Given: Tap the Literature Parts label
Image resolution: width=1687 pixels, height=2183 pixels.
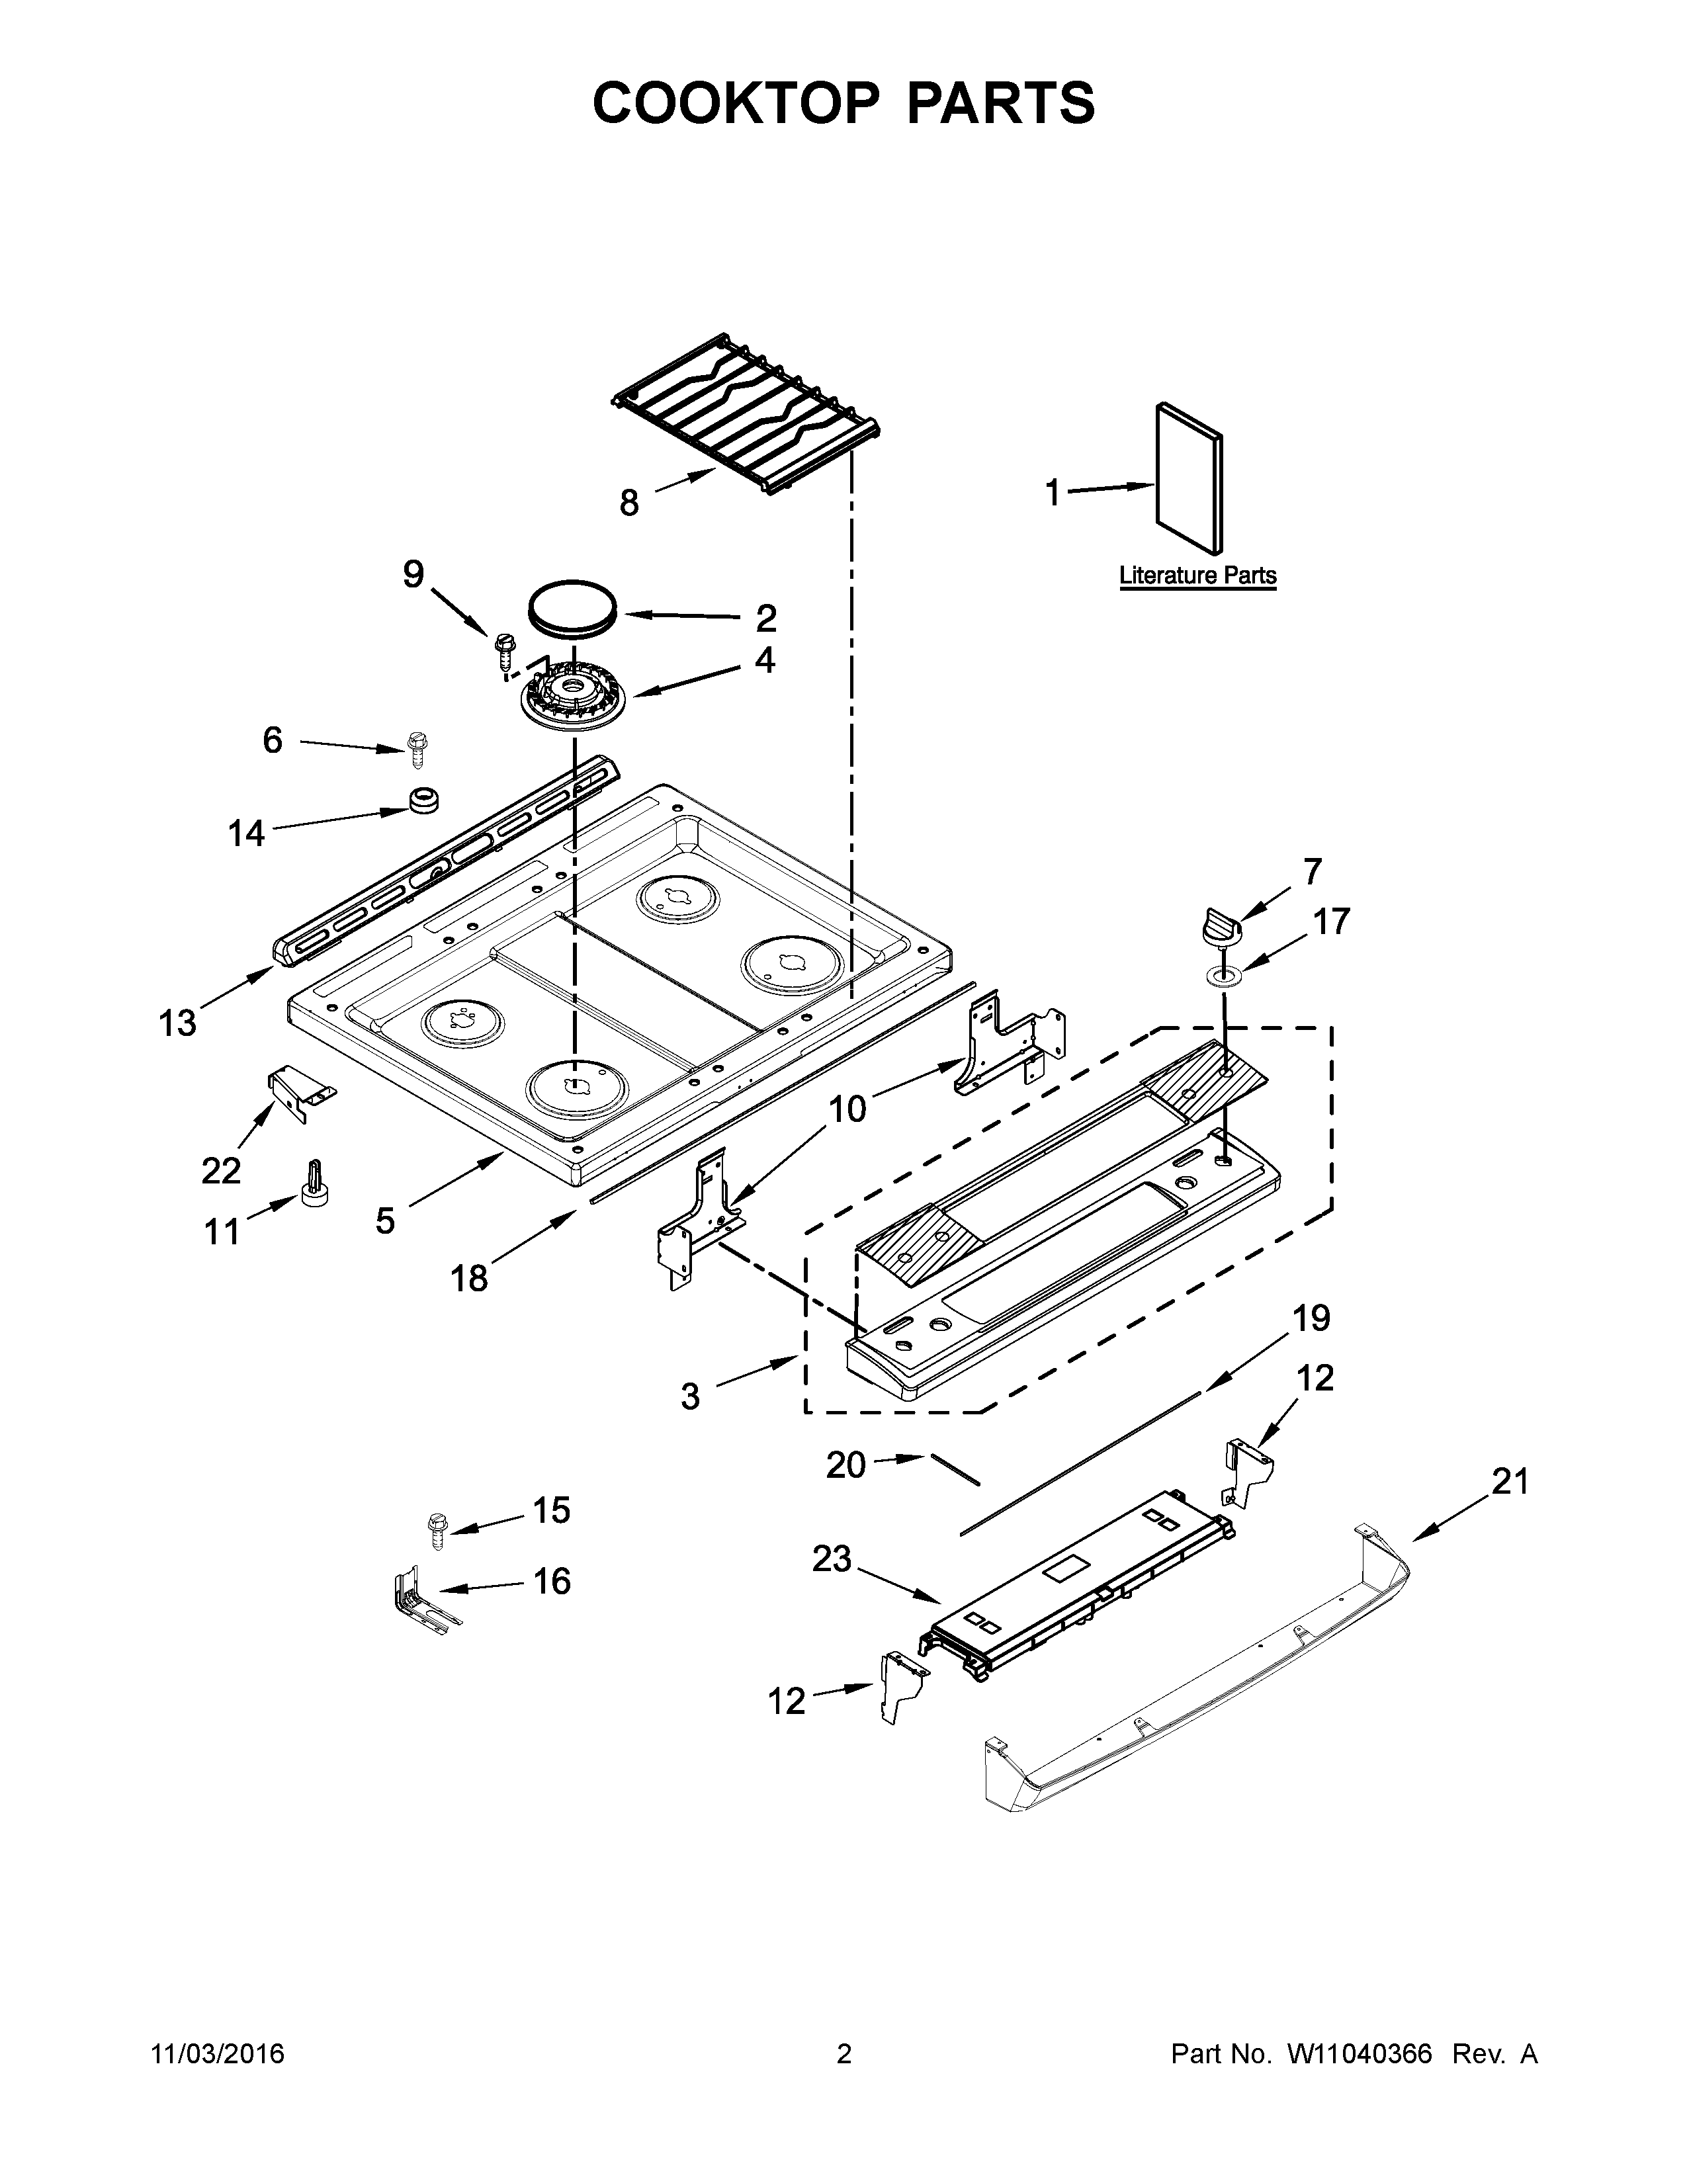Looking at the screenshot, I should [1197, 576].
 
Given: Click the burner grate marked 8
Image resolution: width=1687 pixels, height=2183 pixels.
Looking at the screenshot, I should [744, 412].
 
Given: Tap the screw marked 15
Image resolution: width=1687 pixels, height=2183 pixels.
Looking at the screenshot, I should [437, 1530].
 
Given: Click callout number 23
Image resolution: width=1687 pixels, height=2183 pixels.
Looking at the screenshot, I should [830, 1559].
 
